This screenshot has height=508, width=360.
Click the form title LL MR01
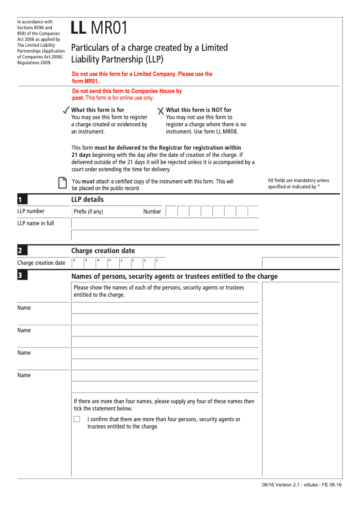(x=99, y=28)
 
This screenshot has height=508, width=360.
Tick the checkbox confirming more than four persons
(x=77, y=419)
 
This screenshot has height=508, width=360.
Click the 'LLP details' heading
(x=87, y=200)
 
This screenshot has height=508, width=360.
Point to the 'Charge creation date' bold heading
(x=103, y=251)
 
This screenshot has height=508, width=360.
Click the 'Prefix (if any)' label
(x=88, y=212)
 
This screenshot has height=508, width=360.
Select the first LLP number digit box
(x=171, y=211)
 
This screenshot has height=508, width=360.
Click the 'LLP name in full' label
(x=36, y=223)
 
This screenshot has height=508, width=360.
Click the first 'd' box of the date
(x=77, y=262)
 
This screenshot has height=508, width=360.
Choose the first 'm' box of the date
(x=100, y=262)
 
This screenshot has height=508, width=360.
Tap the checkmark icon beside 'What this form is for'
(x=66, y=110)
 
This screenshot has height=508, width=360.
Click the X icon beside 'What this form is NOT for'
(x=161, y=111)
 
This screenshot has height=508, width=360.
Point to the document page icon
(x=63, y=183)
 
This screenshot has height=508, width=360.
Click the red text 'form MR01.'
(x=85, y=81)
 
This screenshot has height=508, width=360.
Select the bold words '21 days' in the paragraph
(x=81, y=155)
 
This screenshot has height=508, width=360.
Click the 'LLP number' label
(x=31, y=211)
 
